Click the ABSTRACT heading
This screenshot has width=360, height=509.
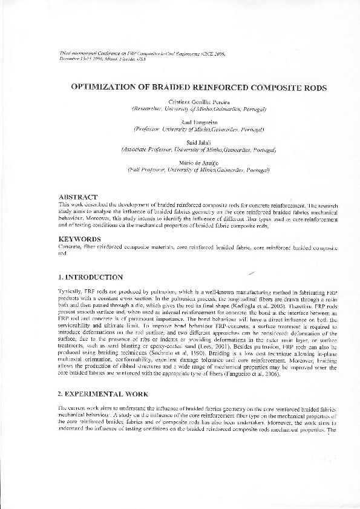coord(77,197)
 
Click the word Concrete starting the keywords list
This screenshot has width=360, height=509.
coord(69,248)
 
